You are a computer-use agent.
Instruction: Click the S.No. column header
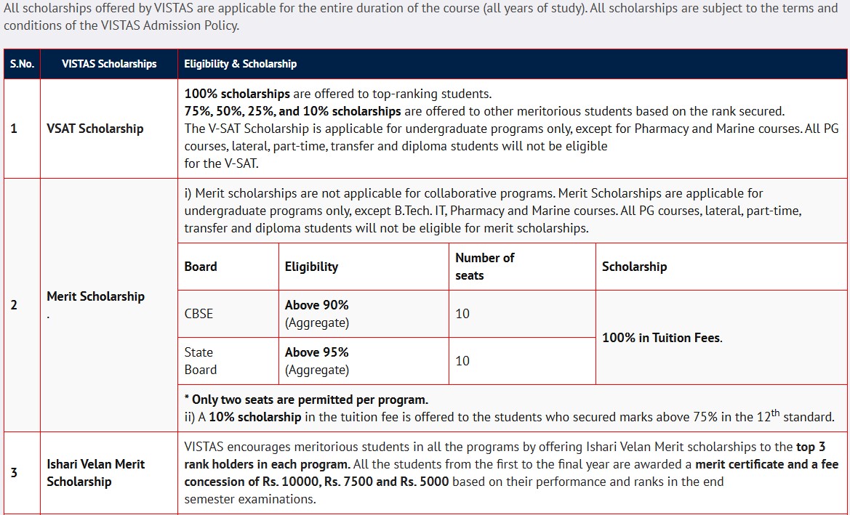point(22,64)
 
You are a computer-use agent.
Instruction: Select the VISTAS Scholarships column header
point(109,64)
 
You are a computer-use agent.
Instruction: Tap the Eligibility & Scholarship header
point(240,64)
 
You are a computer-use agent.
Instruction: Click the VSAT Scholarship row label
point(95,129)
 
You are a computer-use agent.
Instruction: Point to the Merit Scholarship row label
point(95,296)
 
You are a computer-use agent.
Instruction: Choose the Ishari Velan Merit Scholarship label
point(95,473)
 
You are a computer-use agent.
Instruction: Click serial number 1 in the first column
point(14,129)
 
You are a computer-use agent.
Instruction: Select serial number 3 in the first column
point(14,473)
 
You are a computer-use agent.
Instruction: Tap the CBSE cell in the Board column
point(199,314)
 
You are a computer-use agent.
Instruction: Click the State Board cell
point(199,361)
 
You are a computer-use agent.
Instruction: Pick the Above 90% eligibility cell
point(317,306)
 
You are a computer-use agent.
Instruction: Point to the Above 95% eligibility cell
point(317,352)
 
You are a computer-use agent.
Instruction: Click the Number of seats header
point(484,267)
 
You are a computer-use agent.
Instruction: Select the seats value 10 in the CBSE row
point(462,314)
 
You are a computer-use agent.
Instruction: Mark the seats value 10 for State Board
point(462,361)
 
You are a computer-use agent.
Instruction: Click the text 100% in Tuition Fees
point(662,338)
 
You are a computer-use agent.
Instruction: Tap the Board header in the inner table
point(201,267)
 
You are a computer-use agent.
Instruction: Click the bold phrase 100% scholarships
point(237,94)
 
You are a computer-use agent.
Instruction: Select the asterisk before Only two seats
point(187,400)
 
